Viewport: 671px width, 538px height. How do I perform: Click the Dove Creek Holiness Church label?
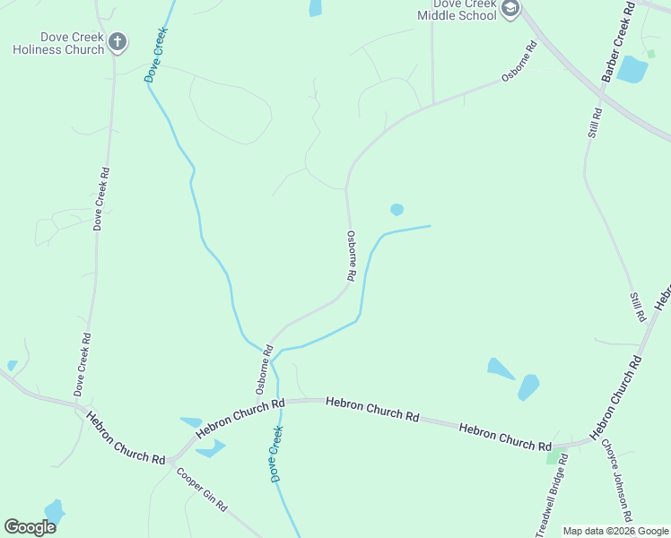[58, 44]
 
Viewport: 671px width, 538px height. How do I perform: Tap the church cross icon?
[118, 41]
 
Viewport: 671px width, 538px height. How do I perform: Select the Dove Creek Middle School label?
[457, 10]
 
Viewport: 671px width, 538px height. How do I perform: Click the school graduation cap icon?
[510, 10]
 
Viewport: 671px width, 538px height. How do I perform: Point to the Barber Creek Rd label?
[619, 43]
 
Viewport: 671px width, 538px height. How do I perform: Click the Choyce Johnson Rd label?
[617, 480]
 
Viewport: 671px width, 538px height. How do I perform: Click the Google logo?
[30, 526]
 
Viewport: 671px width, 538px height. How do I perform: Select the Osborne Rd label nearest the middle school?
[518, 64]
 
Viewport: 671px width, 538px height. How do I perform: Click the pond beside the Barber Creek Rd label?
[632, 69]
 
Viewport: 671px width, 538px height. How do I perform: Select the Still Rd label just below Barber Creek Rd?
[595, 123]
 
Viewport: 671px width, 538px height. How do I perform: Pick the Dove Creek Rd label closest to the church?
[100, 199]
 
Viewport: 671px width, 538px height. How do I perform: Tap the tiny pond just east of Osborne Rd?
[396, 210]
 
